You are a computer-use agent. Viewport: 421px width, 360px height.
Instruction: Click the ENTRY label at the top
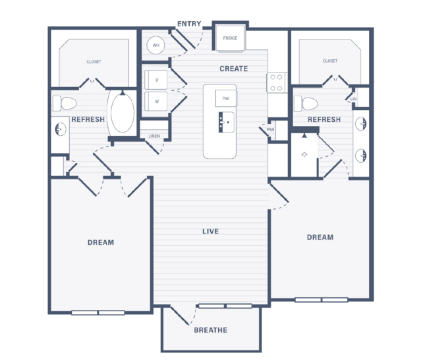click(x=189, y=24)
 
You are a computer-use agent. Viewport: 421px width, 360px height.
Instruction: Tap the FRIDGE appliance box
click(x=231, y=38)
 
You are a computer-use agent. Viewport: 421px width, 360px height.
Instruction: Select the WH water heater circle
click(x=155, y=45)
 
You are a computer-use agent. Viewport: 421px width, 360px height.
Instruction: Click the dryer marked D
click(x=156, y=80)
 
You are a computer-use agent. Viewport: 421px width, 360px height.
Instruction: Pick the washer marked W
click(x=156, y=102)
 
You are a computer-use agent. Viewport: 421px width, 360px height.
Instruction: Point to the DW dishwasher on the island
click(x=226, y=98)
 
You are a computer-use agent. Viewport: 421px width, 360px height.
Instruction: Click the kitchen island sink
click(x=227, y=122)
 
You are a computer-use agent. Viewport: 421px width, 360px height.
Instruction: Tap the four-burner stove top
click(x=276, y=82)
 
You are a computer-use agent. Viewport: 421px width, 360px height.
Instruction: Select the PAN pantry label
click(x=270, y=130)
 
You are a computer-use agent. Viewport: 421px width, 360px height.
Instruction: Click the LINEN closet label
click(x=154, y=136)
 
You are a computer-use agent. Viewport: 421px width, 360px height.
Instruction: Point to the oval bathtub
click(x=123, y=113)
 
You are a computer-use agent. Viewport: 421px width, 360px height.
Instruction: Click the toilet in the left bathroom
click(x=65, y=104)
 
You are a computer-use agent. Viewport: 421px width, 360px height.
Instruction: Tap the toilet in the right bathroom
click(x=306, y=104)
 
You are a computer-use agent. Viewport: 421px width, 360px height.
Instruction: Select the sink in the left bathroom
click(x=61, y=129)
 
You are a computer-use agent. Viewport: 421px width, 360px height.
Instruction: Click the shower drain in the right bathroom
click(x=304, y=154)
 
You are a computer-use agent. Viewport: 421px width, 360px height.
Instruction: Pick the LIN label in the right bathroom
click(x=353, y=99)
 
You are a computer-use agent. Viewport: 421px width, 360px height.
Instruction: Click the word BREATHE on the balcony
click(x=211, y=330)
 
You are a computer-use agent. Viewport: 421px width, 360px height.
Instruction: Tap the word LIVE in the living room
click(x=211, y=231)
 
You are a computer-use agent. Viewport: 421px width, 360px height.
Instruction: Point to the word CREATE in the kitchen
click(x=234, y=69)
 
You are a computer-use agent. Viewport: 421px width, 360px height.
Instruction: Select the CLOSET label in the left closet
click(x=94, y=62)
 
